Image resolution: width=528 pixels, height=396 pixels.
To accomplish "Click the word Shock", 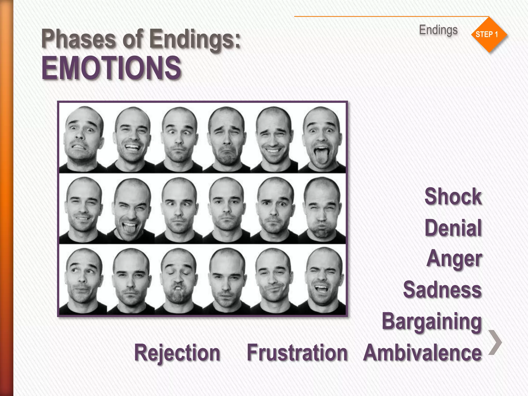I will pyautogui.click(x=453, y=196).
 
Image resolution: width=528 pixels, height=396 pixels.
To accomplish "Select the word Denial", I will pyautogui.click(x=453, y=228).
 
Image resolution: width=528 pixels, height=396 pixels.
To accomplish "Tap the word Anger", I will pyautogui.click(x=454, y=259).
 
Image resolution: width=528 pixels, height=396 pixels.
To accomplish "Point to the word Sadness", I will pyautogui.click(x=442, y=290).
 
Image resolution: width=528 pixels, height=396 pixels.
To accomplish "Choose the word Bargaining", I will pyautogui.click(x=432, y=321).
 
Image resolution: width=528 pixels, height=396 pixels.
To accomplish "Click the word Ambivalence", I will pyautogui.click(x=422, y=353).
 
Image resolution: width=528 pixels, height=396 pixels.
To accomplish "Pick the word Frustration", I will pyautogui.click(x=297, y=353).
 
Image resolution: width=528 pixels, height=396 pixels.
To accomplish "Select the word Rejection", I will pyautogui.click(x=177, y=353).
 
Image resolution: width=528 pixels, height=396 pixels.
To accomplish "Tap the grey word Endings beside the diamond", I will pyautogui.click(x=438, y=30).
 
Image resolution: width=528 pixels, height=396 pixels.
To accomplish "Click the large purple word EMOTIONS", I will pyautogui.click(x=111, y=68).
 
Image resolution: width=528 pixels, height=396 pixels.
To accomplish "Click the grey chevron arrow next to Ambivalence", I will pyautogui.click(x=495, y=342).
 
